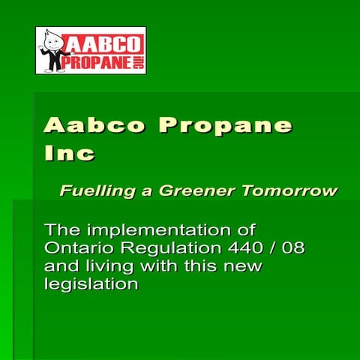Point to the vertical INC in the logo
pos(137,61)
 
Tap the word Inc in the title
pos(69,154)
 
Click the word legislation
pos(91,285)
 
